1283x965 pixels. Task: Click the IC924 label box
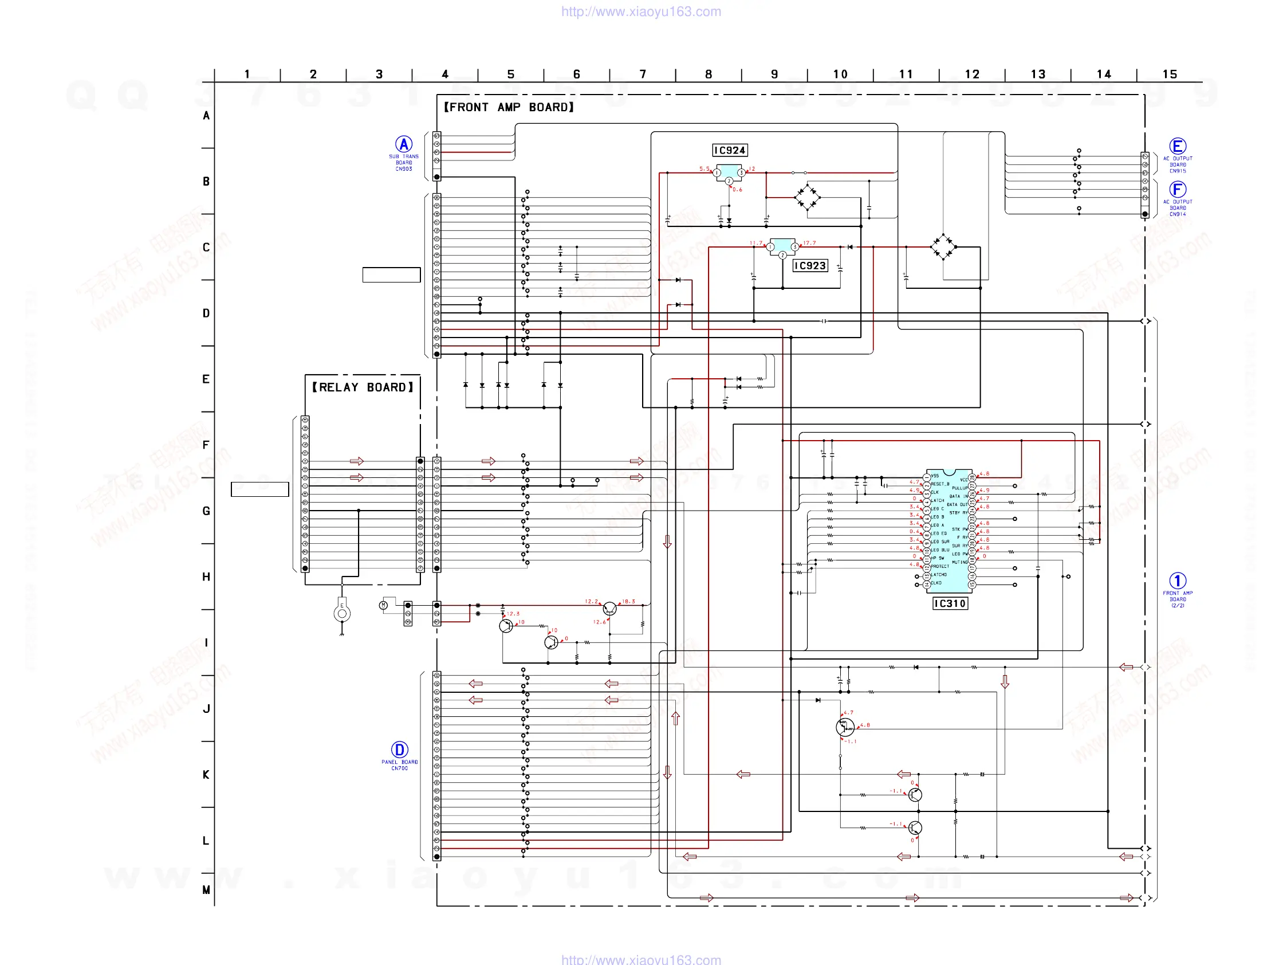[730, 150]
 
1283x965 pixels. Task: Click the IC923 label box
[810, 266]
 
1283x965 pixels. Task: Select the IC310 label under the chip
[950, 603]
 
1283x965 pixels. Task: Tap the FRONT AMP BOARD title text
[509, 107]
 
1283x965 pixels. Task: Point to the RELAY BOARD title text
[363, 387]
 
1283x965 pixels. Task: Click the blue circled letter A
[404, 144]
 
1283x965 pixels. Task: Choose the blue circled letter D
[400, 750]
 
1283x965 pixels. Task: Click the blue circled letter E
[1178, 146]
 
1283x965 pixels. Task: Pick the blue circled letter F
[1178, 189]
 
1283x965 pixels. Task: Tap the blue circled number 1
[1178, 581]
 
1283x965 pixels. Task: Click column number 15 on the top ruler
[1170, 74]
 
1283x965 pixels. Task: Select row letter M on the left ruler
[206, 889]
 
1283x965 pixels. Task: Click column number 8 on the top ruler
[708, 74]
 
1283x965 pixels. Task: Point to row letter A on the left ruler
[206, 116]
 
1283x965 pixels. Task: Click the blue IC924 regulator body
[729, 172]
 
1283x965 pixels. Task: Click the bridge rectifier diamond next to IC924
[807, 197]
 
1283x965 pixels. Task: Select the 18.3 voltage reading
[629, 601]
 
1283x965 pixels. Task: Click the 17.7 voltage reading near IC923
[809, 243]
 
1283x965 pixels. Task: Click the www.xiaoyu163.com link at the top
[641, 11]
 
